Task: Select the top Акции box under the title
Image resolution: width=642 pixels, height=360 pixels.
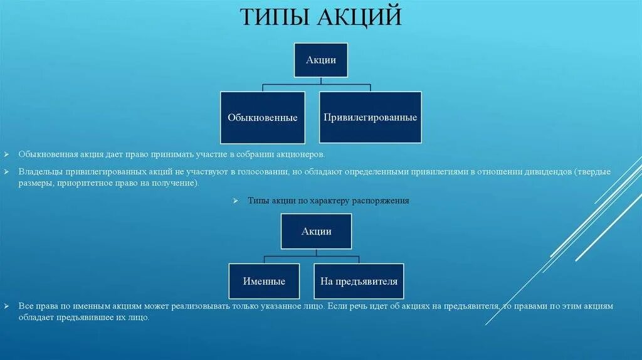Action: point(321,60)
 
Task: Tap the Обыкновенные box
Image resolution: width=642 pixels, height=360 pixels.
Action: point(263,117)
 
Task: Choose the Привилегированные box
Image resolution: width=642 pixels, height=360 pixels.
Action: point(371,117)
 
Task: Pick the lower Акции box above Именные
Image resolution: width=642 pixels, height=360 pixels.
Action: point(317,231)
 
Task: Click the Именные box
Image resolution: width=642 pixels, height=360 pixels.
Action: point(264,281)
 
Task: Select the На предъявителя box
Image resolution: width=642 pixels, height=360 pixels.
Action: point(359,281)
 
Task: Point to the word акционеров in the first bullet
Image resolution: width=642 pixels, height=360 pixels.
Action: point(303,154)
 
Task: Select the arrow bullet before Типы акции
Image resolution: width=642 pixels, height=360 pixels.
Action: point(235,201)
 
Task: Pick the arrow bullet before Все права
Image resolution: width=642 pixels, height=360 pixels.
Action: point(6,307)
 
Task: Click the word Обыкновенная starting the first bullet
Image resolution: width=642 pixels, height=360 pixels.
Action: point(47,154)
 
